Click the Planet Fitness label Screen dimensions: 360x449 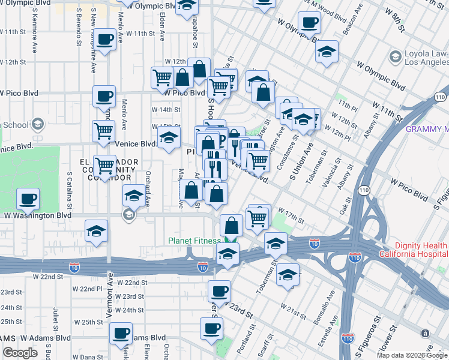pyautogui.click(x=194, y=241)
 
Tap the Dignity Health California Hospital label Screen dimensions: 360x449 pyautogui.click(x=414, y=250)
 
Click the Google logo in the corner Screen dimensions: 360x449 pyautogui.click(x=20, y=353)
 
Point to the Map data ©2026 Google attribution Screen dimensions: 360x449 pyautogui.click(x=412, y=355)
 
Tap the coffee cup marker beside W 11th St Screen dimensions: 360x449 pyautogui.click(x=106, y=40)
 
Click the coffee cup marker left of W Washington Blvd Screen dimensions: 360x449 pyautogui.click(x=28, y=199)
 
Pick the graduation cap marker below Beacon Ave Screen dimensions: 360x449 pyautogui.click(x=328, y=52)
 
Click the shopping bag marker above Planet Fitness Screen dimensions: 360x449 pyautogui.click(x=231, y=226)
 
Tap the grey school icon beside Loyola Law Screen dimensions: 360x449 pyautogui.click(x=395, y=57)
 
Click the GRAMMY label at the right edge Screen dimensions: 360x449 pyautogui.click(x=427, y=129)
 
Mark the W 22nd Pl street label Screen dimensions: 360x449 pyautogui.click(x=88, y=289)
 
